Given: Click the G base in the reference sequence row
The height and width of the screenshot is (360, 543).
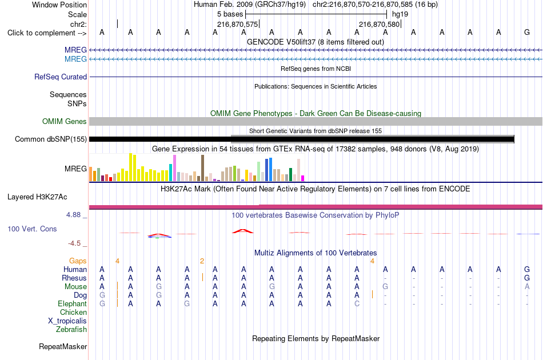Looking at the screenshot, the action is point(527,32).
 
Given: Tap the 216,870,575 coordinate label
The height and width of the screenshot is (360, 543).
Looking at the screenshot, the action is point(238,24).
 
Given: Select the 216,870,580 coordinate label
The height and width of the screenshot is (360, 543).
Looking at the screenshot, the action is point(380,24).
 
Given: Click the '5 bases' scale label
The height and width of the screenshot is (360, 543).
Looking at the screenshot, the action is point(230,14).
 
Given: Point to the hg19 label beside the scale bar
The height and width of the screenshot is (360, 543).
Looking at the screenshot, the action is point(400,14).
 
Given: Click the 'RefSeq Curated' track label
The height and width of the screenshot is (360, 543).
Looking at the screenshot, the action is point(61,77).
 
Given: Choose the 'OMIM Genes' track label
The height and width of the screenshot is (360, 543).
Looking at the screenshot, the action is point(65,122).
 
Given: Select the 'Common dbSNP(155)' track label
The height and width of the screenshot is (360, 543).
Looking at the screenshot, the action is point(51,139).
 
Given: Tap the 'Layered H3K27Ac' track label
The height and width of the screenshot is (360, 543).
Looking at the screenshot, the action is point(37,197).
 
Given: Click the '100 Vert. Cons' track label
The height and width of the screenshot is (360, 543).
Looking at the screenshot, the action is point(32,229).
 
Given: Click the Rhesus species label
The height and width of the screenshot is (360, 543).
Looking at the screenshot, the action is point(74,278).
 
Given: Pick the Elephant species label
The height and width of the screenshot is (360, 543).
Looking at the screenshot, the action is point(73,303).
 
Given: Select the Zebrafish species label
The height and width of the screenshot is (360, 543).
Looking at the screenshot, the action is point(71,329).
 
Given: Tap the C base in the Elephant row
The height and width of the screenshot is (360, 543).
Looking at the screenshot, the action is point(357,303).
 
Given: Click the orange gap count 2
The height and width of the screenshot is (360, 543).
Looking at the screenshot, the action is point(202,261).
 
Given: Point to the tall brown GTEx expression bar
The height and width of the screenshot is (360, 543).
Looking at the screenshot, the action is point(202,168).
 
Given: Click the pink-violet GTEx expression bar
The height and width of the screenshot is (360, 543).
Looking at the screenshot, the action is point(174,168).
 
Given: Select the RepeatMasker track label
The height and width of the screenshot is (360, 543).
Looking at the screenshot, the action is point(63,346).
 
